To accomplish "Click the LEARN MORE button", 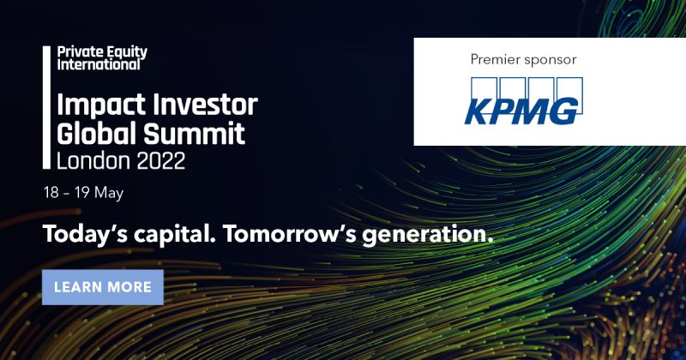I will tap(102, 287).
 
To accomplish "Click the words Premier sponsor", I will tap(523, 59).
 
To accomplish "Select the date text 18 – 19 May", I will tap(84, 193).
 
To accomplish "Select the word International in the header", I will tap(99, 64).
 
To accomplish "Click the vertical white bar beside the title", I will tap(46, 106).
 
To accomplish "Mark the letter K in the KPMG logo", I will tap(478, 110).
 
